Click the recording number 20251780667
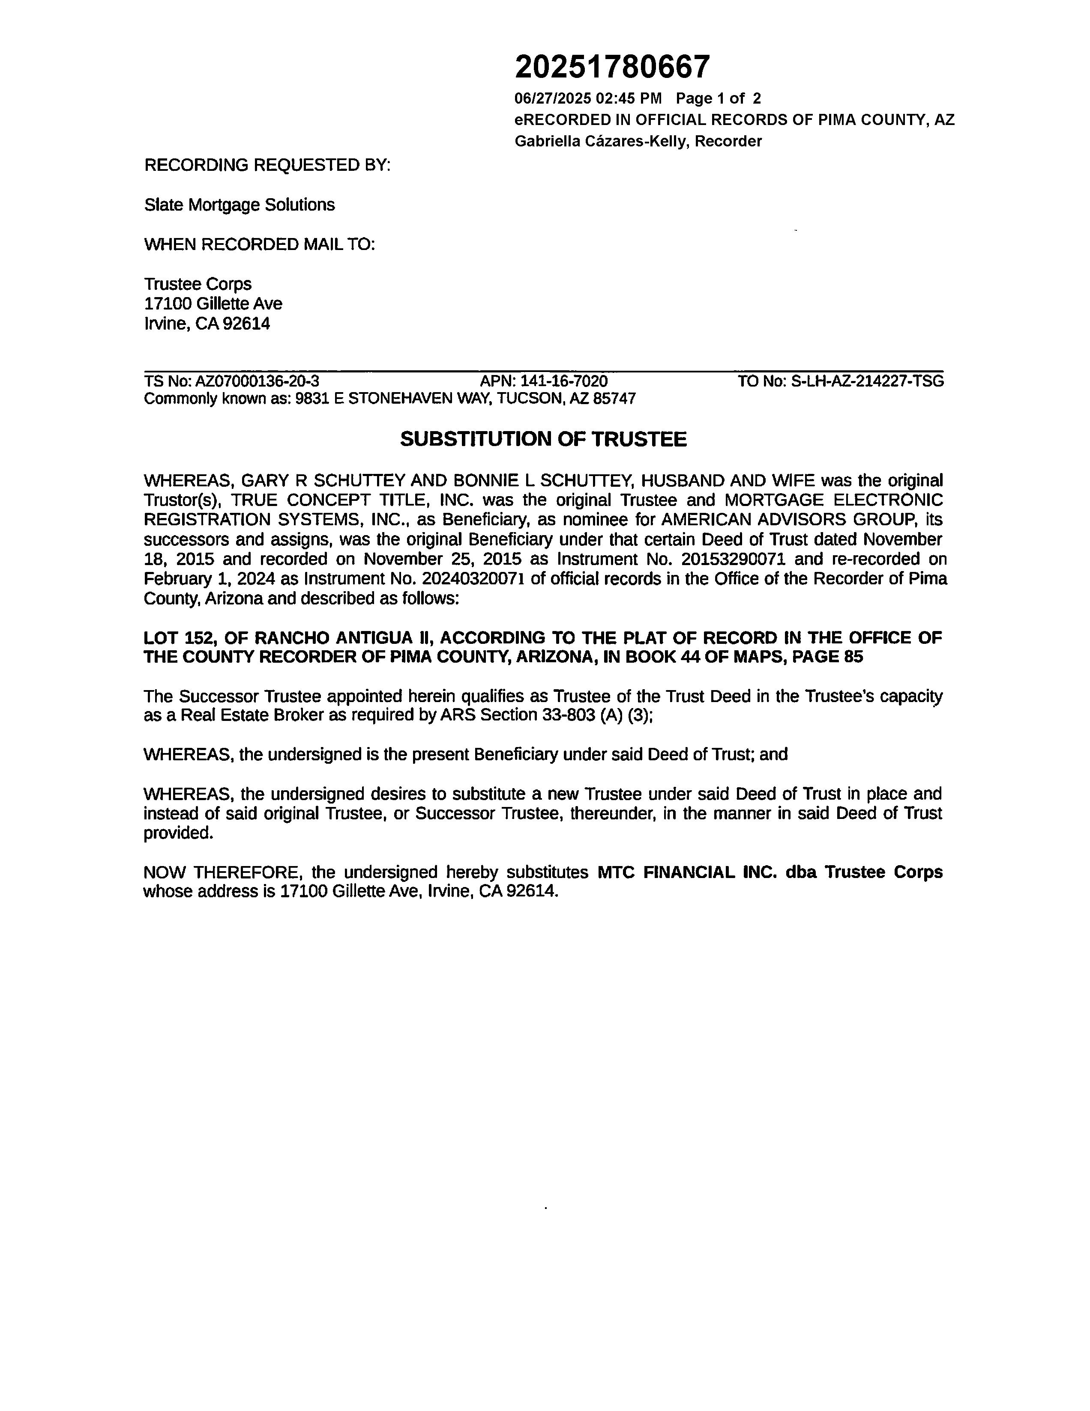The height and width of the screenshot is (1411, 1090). tap(612, 66)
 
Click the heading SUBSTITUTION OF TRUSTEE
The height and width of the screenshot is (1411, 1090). tap(543, 439)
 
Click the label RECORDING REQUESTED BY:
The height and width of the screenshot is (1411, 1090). tap(267, 165)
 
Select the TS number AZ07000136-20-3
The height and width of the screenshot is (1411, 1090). tap(258, 381)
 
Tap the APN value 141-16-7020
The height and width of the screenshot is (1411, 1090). tap(564, 381)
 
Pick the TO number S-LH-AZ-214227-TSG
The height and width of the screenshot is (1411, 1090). tap(868, 381)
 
